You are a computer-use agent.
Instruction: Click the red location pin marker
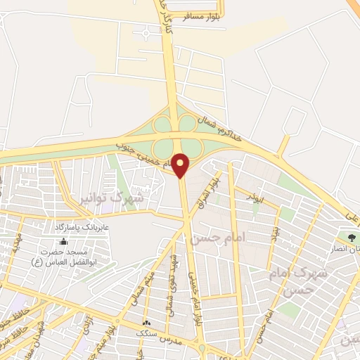click(x=181, y=165)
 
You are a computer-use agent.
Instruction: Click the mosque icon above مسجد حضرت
click(x=63, y=241)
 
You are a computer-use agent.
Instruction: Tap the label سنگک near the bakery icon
click(x=147, y=331)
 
